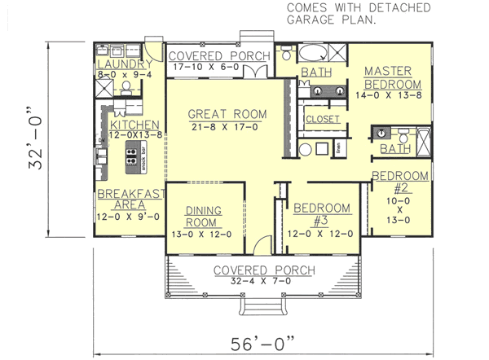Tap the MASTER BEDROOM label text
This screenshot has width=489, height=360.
click(x=392, y=78)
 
